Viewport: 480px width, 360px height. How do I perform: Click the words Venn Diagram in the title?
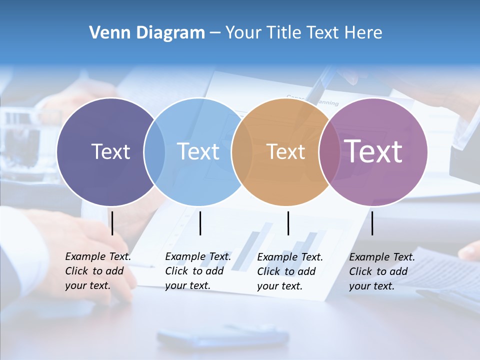[147, 33]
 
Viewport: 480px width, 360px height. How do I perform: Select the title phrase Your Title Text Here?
[303, 33]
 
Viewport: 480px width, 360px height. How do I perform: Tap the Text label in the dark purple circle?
[110, 151]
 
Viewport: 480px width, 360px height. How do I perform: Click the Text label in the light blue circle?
[198, 151]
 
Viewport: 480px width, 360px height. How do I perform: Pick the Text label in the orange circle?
[285, 152]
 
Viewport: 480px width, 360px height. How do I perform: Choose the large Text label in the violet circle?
[373, 151]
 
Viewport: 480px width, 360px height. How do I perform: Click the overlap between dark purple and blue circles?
[154, 152]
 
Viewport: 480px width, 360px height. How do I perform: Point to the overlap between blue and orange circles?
[242, 152]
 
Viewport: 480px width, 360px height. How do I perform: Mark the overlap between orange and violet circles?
[329, 152]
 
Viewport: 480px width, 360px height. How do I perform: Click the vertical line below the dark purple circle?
[112, 223]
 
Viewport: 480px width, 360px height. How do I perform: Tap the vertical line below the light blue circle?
[200, 223]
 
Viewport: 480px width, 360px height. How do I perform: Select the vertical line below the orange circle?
[288, 223]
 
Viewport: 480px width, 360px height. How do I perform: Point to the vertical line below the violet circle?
[372, 223]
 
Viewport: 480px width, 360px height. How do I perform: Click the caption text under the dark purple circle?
[97, 271]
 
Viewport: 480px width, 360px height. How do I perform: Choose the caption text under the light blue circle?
[197, 271]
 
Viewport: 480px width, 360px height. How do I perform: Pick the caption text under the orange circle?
[289, 271]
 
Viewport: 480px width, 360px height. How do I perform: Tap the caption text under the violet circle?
[381, 271]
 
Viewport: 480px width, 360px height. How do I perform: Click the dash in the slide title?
[215, 33]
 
